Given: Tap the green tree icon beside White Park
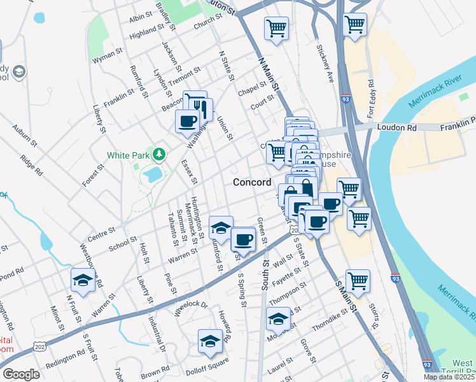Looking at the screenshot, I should click(x=158, y=154).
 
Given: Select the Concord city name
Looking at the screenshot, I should click(x=252, y=182).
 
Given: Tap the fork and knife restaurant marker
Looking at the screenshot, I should click(x=201, y=109).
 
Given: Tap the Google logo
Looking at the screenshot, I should click(x=21, y=374).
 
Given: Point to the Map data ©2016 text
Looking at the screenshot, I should click(x=448, y=377).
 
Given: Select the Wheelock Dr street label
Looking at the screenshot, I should click(x=192, y=309).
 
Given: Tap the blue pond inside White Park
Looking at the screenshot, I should click(x=153, y=174).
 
